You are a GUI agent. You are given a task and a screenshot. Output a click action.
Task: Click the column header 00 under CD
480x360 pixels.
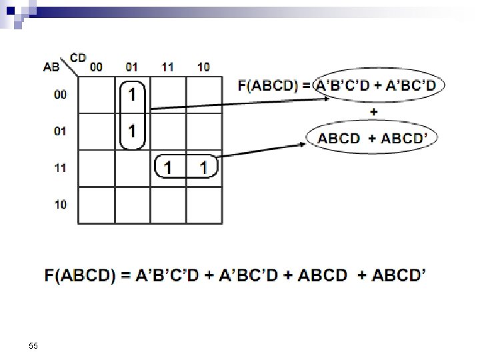point(97,67)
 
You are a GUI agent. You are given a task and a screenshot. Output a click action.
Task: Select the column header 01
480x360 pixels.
point(132,67)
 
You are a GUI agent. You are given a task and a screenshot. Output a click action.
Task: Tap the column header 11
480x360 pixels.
point(167,67)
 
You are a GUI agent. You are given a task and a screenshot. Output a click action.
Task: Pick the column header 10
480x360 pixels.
point(203,67)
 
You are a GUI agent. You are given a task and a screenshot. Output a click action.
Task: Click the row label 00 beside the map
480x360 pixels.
point(61,95)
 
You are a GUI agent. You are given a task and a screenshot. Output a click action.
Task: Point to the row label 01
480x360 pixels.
point(61,131)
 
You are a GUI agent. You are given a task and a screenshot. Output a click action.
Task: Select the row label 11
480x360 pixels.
point(61,168)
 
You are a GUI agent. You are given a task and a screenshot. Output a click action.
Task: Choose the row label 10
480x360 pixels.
point(61,205)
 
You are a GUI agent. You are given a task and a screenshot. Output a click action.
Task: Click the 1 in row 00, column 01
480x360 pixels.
point(133,95)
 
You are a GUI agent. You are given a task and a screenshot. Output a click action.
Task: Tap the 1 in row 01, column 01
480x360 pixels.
point(133,131)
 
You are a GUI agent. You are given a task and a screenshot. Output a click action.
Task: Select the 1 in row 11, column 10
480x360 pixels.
point(203,167)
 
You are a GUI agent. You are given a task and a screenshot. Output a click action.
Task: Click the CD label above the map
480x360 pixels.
point(78,58)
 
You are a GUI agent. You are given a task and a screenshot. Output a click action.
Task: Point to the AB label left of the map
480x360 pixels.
point(51,66)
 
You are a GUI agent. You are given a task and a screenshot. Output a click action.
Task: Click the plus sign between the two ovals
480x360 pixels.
point(373,111)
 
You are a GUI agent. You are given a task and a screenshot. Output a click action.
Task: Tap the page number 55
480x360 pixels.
point(33,345)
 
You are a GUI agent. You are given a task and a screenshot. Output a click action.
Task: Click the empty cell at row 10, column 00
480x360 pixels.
point(97,205)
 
